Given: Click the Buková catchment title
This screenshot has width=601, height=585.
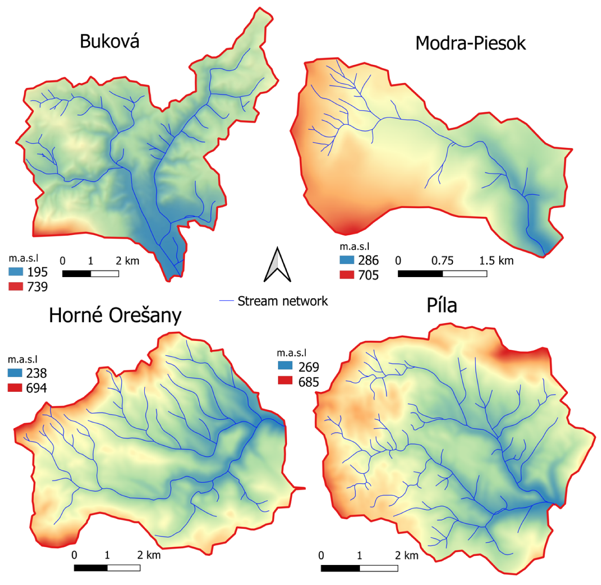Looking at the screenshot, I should point(110,42).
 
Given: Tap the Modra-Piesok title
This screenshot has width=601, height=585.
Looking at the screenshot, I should point(471,43).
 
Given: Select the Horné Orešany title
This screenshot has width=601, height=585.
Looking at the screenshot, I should point(115,315).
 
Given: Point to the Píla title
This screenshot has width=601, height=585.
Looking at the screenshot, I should point(441,305).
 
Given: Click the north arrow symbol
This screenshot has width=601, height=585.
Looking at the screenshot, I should point(277,265).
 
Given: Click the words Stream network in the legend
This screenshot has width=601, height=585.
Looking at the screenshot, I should point(282,301).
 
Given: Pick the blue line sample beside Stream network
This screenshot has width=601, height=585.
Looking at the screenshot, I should point(227,301).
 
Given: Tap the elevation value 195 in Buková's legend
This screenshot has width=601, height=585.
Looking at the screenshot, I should point(37,272).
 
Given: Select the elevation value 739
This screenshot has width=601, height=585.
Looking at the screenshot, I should point(37,287).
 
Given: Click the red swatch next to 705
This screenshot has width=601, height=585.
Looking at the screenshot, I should point(347,275).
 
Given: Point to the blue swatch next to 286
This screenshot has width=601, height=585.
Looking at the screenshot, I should point(347,260).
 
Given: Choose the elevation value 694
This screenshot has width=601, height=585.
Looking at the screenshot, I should point(37,388).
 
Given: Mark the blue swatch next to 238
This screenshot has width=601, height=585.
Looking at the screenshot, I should point(15,373).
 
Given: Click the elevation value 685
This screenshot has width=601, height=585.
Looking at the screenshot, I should point(309,382).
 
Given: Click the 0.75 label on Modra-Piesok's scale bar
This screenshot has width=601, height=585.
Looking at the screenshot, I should point(442,261).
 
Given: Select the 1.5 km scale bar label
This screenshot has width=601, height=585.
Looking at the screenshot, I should point(496,261).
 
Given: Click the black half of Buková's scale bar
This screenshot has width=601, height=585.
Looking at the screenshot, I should point(77,274).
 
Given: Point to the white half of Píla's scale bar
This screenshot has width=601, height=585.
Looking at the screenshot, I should point(379,568).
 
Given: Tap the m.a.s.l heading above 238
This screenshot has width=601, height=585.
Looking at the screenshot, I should point(23,360).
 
